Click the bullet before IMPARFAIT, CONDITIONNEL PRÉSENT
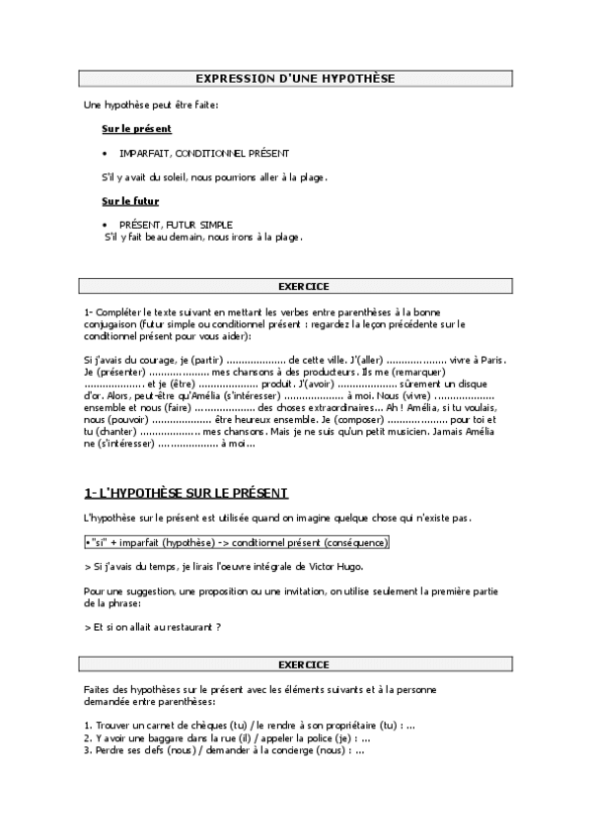(x=105, y=154)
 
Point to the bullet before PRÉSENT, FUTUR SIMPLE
(x=105, y=225)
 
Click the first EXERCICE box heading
(x=303, y=286)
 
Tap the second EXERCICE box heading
(x=303, y=664)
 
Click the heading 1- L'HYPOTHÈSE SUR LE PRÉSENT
(x=186, y=492)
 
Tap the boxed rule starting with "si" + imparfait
(x=237, y=542)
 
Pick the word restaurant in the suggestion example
(x=174, y=626)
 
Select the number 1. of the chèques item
(x=89, y=726)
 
